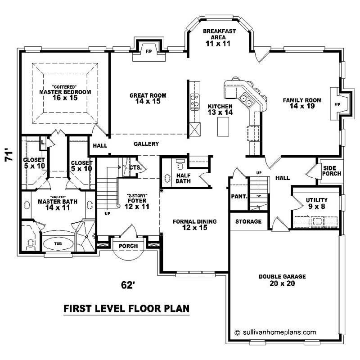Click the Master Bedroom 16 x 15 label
pyautogui.click(x=65, y=92)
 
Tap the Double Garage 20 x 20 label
pyautogui.click(x=282, y=280)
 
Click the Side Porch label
pyautogui.click(x=332, y=171)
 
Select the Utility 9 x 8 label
pyautogui.click(x=316, y=203)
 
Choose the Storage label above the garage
pyautogui.click(x=248, y=221)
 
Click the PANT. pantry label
pyautogui.click(x=239, y=197)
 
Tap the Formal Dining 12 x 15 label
pyautogui.click(x=195, y=225)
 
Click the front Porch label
pyautogui.click(x=128, y=246)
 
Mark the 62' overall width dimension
pyautogui.click(x=128, y=285)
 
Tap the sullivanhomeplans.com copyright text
pyautogui.click(x=275, y=332)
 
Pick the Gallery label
pyautogui.click(x=146, y=144)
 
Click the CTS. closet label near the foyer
pyautogui.click(x=135, y=167)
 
